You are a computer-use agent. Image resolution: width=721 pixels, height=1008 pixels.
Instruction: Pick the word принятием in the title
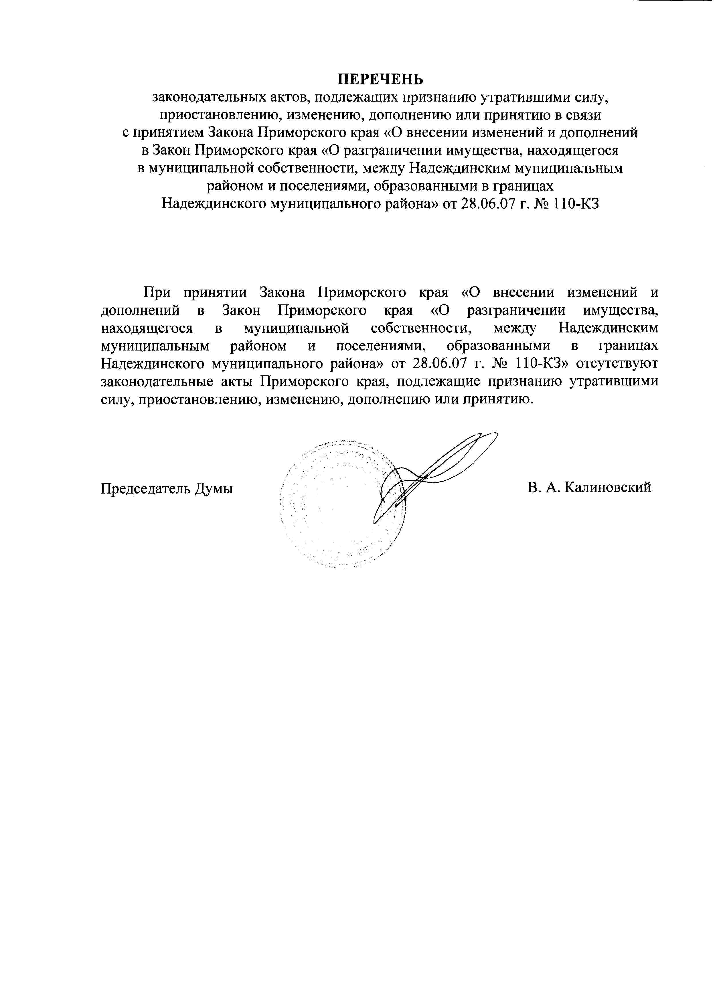(x=165, y=133)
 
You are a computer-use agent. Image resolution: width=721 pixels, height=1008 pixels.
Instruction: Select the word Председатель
(x=145, y=488)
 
